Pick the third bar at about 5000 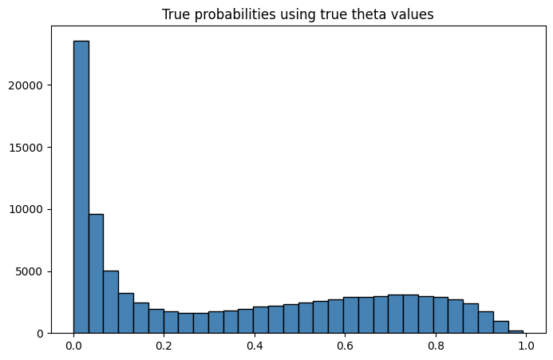[x=111, y=302]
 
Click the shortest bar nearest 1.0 [x=515, y=331]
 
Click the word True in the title [x=175, y=14]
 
